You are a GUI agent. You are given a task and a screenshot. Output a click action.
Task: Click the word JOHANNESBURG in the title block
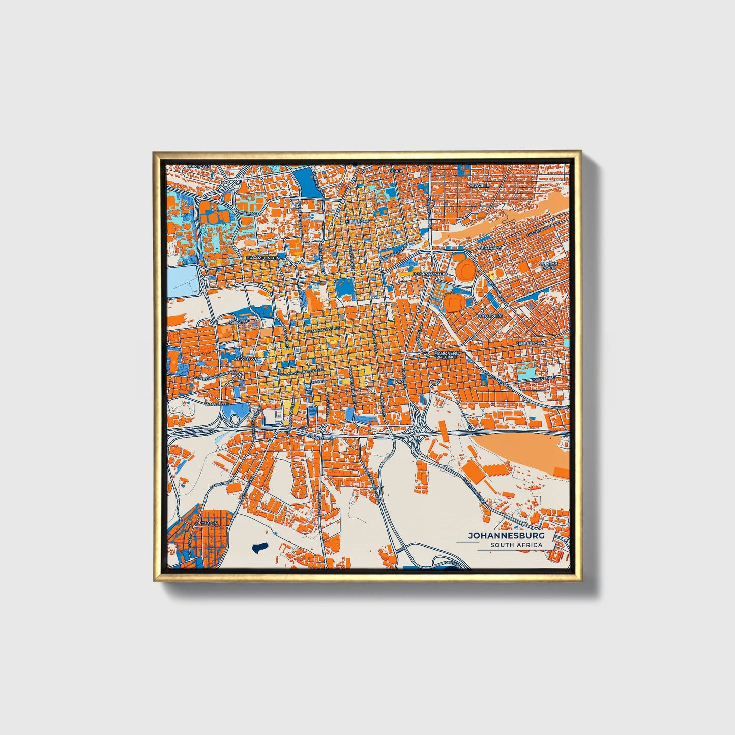point(506,536)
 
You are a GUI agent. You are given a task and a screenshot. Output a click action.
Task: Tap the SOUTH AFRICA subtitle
point(516,545)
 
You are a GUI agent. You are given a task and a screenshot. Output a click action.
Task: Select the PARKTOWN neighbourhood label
point(197,166)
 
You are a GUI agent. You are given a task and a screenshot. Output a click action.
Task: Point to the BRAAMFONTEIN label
point(263,258)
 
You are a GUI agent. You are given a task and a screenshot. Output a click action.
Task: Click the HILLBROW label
point(357,222)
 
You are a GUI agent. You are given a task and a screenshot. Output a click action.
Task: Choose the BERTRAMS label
point(490,248)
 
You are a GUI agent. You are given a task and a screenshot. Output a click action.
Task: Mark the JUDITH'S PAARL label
point(549,266)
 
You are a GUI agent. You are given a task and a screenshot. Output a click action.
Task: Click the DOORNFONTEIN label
point(430,274)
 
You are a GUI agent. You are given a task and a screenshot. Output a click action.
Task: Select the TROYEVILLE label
point(489,316)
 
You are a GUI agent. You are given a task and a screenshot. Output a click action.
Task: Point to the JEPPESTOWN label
point(530,343)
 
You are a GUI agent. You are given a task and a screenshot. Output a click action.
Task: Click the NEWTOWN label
point(246,359)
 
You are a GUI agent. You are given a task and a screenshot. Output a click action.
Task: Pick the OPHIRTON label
point(206,522)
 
